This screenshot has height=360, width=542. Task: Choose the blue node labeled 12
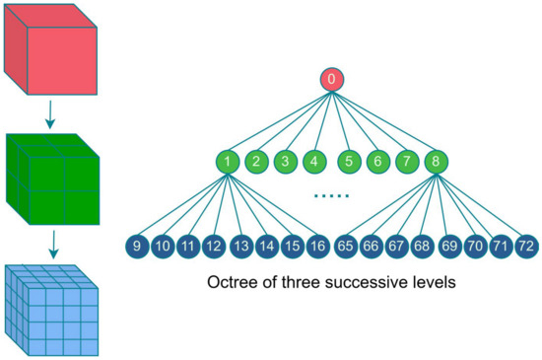click(x=213, y=245)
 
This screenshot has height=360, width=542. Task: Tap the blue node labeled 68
click(x=422, y=245)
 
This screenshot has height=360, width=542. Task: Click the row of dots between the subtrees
click(x=332, y=196)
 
